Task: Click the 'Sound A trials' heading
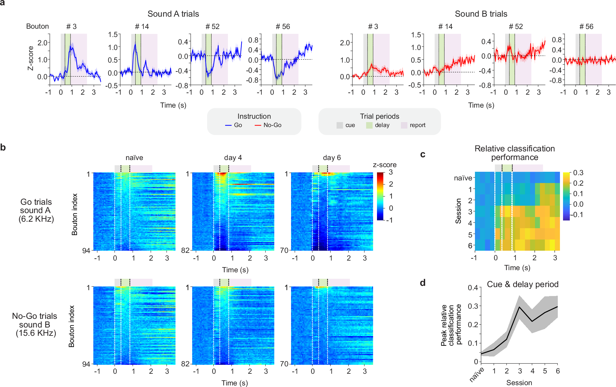click(173, 14)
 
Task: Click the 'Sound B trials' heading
click(481, 14)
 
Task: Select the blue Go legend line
click(228, 125)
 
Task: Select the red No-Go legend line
click(258, 125)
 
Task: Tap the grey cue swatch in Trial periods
click(339, 125)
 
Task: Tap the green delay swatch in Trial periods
click(369, 125)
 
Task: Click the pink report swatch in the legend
click(404, 125)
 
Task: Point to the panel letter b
click(3, 147)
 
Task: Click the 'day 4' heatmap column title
click(233, 158)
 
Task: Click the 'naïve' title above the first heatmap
click(134, 158)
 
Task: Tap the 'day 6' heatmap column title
click(332, 158)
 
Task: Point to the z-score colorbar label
click(384, 165)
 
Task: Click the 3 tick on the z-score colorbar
click(391, 172)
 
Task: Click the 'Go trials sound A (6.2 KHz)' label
click(36, 210)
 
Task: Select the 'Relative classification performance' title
click(514, 153)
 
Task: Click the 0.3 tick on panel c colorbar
click(578, 173)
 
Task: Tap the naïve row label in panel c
click(463, 178)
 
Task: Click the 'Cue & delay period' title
click(522, 284)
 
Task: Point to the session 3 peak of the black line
click(520, 307)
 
